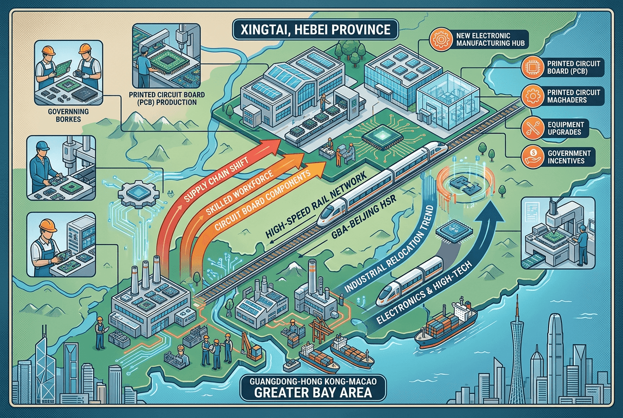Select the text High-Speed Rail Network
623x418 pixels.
tap(316, 205)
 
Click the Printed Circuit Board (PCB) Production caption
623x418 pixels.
tap(167, 99)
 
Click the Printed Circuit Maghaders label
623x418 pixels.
tap(574, 96)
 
